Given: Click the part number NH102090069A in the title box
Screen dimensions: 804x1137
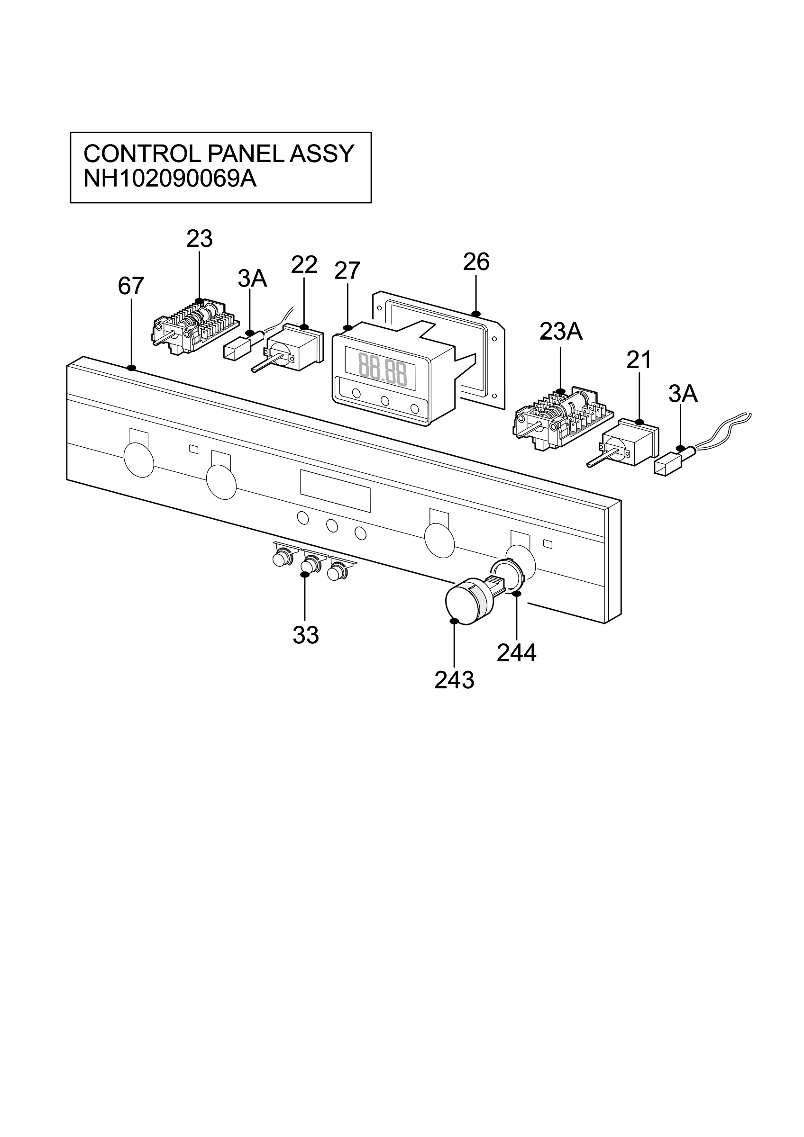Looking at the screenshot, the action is (170, 179).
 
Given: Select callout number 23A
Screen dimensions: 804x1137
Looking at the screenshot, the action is (561, 332).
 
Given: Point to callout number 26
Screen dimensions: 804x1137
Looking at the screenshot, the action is (476, 262).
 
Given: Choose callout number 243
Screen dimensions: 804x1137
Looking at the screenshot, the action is (454, 680).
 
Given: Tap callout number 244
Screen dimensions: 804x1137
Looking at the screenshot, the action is (517, 653).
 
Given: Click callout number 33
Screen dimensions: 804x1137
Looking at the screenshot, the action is (306, 635).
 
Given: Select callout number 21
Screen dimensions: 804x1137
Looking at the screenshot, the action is (639, 361).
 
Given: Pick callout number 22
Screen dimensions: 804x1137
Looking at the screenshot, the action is (304, 265).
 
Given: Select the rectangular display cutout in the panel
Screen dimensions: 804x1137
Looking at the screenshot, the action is (335, 491).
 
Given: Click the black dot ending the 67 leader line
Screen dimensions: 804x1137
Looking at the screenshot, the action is (131, 368).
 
